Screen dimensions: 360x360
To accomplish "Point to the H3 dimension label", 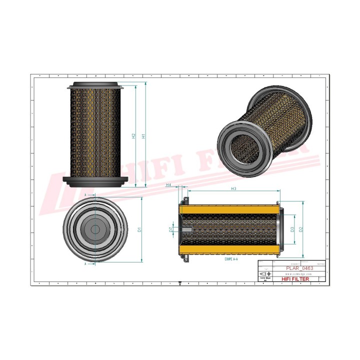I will click(233, 188).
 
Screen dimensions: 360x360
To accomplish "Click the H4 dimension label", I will click(169, 185).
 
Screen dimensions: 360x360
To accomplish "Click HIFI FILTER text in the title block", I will click(296, 279).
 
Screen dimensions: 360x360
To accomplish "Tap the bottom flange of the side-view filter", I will click(94, 182).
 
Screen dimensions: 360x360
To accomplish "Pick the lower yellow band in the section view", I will click(230, 249).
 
